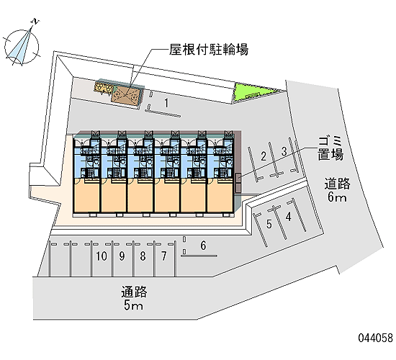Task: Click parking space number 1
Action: coord(166,103)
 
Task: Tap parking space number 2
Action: coord(264,156)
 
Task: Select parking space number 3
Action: coord(284,151)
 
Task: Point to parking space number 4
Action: coord(289,217)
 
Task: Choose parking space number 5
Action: coord(269,224)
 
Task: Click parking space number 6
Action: coord(203,246)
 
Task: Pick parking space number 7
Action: coord(164,256)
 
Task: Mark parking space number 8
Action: coord(143,256)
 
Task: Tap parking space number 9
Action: coord(122,256)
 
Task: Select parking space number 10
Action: coord(102,256)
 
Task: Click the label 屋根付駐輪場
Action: coord(209,50)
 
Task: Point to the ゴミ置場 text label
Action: coord(330,148)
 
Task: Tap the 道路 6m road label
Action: coord(337,189)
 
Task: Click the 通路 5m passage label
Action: coord(134,298)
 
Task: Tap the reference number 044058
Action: coord(376,338)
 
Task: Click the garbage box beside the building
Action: coord(238,182)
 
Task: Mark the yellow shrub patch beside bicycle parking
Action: coord(104,88)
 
